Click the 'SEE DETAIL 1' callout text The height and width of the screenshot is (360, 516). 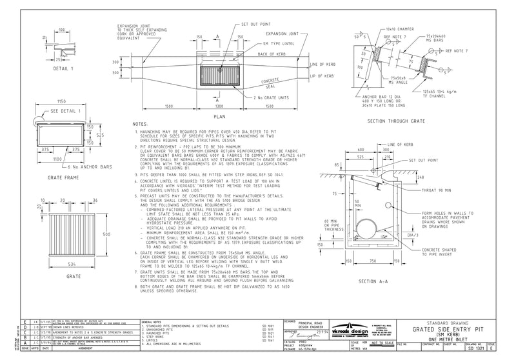pos(52,111)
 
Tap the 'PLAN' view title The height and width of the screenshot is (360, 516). pos(220,117)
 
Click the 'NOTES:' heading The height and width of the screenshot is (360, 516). pos(140,123)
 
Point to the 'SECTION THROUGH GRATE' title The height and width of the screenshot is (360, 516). pos(395,121)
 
